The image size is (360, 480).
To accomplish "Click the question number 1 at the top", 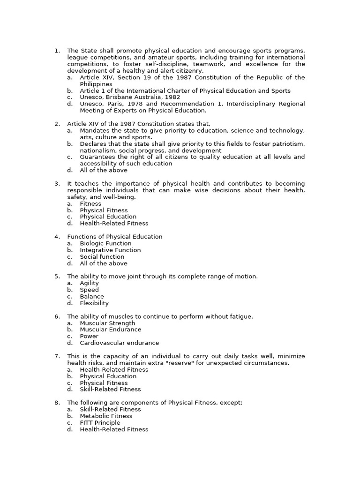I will click(x=57, y=51).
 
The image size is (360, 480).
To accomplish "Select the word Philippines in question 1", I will click(x=96, y=84).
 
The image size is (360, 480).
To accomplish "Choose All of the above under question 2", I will click(x=97, y=171).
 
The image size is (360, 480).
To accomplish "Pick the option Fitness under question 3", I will click(x=90, y=204).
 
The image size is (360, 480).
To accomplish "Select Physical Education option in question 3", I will click(x=108, y=217).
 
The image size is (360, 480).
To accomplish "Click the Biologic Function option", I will click(x=105, y=243).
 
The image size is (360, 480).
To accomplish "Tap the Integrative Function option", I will click(x=110, y=250).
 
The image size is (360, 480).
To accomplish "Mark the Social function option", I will click(x=102, y=257).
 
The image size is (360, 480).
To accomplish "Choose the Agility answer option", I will click(x=90, y=283).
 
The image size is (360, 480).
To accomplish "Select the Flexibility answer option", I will click(x=94, y=303).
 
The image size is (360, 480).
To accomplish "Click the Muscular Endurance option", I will click(x=111, y=330).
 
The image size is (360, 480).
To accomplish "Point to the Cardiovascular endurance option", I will click(x=120, y=343).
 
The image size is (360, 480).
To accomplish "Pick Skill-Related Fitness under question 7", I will click(x=110, y=389).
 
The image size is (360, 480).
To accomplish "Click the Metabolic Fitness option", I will click(x=106, y=416).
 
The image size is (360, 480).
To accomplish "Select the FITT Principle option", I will click(x=100, y=422).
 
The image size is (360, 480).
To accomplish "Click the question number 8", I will click(x=57, y=403).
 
